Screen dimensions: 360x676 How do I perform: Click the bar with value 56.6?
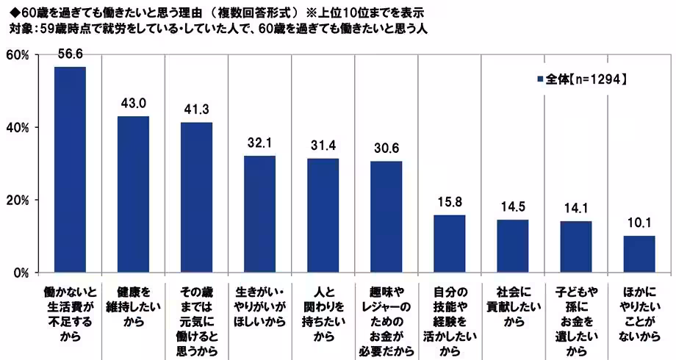pyautogui.click(x=71, y=170)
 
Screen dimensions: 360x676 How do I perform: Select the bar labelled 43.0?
pyautogui.click(x=134, y=194)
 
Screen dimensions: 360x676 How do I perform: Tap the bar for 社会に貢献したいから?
pyautogui.click(x=512, y=246)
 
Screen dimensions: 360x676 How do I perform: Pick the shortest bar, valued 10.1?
pyautogui.click(x=639, y=254)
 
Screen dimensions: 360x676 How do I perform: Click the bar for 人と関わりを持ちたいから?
pyautogui.click(x=323, y=215)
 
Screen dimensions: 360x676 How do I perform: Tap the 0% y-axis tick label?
pyautogui.click(x=20, y=273)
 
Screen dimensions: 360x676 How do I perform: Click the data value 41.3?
pyautogui.click(x=197, y=109)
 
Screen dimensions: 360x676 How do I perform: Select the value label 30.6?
pyautogui.click(x=386, y=148)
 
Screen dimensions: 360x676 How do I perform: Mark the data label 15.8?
pyautogui.click(x=449, y=201)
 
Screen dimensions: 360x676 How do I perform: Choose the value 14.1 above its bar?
pyautogui.click(x=575, y=208)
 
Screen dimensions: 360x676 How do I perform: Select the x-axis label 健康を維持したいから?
pyautogui.click(x=134, y=298)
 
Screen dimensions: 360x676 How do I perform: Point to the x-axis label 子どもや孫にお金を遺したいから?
pyautogui.click(x=575, y=312)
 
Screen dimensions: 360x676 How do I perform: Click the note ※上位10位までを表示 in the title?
pyautogui.click(x=361, y=12)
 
